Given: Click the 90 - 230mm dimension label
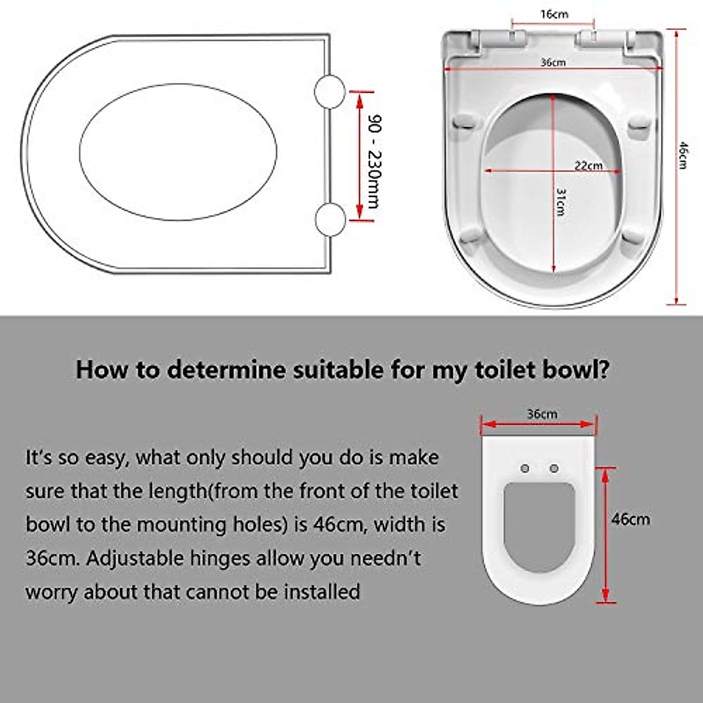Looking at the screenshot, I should [x=373, y=161].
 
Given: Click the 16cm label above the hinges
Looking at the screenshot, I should [x=554, y=14].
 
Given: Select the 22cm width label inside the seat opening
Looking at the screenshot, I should [x=588, y=165].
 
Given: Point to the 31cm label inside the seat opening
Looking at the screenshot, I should [x=561, y=202].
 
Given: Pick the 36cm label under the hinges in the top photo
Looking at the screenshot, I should [x=552, y=62].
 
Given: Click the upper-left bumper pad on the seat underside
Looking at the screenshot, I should [x=465, y=122].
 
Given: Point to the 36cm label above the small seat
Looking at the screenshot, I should [x=542, y=414].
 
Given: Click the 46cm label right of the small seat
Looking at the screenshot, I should [x=630, y=519].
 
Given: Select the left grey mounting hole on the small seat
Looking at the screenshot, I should [x=525, y=468].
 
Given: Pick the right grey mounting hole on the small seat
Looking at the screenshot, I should [x=554, y=468].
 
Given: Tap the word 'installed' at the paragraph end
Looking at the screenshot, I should [x=322, y=592].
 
